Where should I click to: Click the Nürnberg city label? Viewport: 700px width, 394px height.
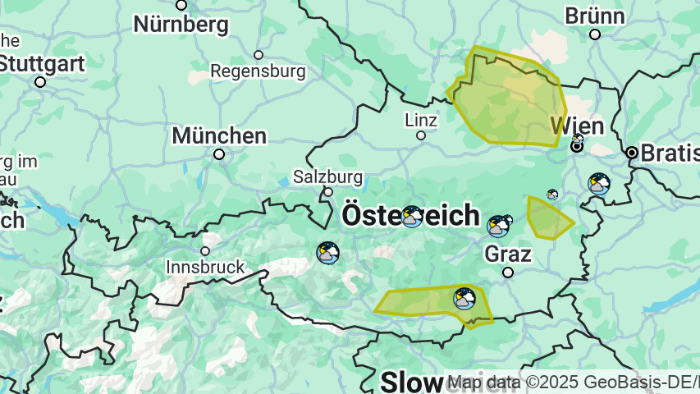tap(181, 25)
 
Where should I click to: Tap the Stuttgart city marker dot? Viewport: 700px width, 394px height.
tap(40, 81)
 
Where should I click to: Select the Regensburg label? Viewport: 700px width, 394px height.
tap(258, 71)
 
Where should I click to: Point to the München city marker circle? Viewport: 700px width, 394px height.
tap(219, 154)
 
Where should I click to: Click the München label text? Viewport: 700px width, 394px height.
tap(219, 135)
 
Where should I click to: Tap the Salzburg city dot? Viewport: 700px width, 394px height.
tap(328, 192)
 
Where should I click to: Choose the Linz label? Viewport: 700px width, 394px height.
tap(421, 120)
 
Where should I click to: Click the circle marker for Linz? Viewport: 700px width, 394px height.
tap(421, 135)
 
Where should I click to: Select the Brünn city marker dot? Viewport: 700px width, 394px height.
tap(595, 34)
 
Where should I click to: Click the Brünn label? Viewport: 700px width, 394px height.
tap(595, 16)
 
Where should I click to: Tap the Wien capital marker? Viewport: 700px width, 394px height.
tap(578, 147)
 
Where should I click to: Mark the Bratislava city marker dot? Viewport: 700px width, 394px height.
tap(632, 153)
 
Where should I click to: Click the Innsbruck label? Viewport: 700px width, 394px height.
tap(205, 267)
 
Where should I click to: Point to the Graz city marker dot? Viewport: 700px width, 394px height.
tap(508, 273)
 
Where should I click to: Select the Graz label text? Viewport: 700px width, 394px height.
tap(508, 254)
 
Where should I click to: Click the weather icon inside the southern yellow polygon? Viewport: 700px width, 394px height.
tap(464, 298)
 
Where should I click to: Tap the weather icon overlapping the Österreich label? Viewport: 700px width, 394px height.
tap(412, 217)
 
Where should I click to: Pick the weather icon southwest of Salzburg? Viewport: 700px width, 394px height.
tap(328, 253)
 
